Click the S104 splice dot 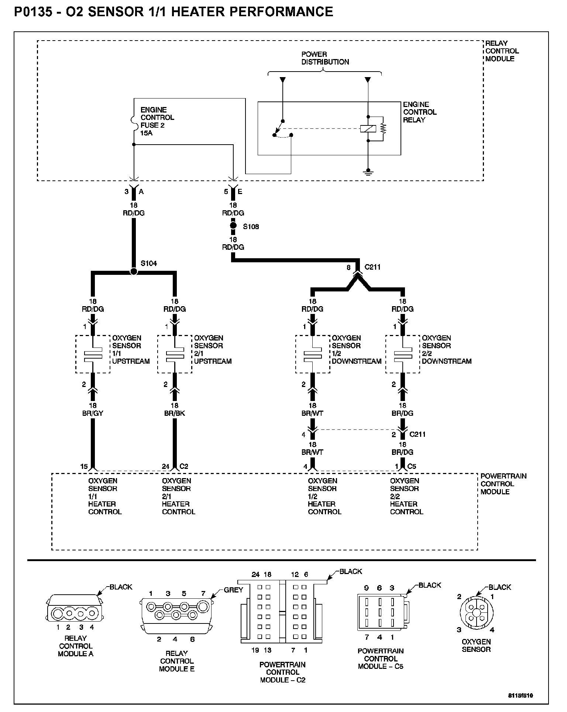(134, 272)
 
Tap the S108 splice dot (233, 225)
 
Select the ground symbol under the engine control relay (368, 172)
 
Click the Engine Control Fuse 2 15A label (157, 121)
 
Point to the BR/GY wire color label (93, 413)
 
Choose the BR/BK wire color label (175, 413)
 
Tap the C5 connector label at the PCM (412, 466)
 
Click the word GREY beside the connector (233, 590)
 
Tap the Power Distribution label (325, 58)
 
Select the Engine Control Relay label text (420, 112)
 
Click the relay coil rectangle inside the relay (368, 129)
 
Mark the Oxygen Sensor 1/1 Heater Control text (105, 496)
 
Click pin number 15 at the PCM (84, 466)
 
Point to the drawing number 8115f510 (521, 696)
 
